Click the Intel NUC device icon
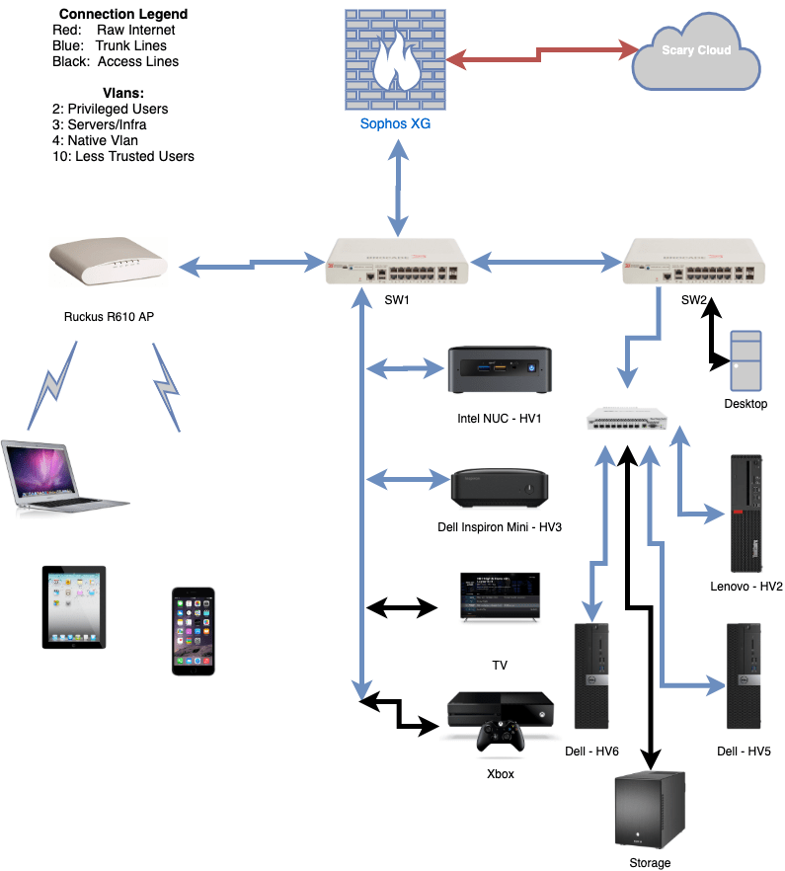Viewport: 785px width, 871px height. (x=498, y=370)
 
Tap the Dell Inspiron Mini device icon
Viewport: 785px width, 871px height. (x=499, y=487)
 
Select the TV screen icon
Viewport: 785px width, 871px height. (x=500, y=595)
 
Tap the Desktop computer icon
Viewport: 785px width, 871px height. (x=746, y=359)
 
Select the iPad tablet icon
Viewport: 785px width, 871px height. (x=74, y=606)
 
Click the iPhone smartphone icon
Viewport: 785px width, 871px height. (x=193, y=631)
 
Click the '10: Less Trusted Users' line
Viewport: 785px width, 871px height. (x=123, y=156)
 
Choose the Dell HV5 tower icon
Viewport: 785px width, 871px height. (x=744, y=675)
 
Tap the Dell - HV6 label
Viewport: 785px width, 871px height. (x=591, y=752)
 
